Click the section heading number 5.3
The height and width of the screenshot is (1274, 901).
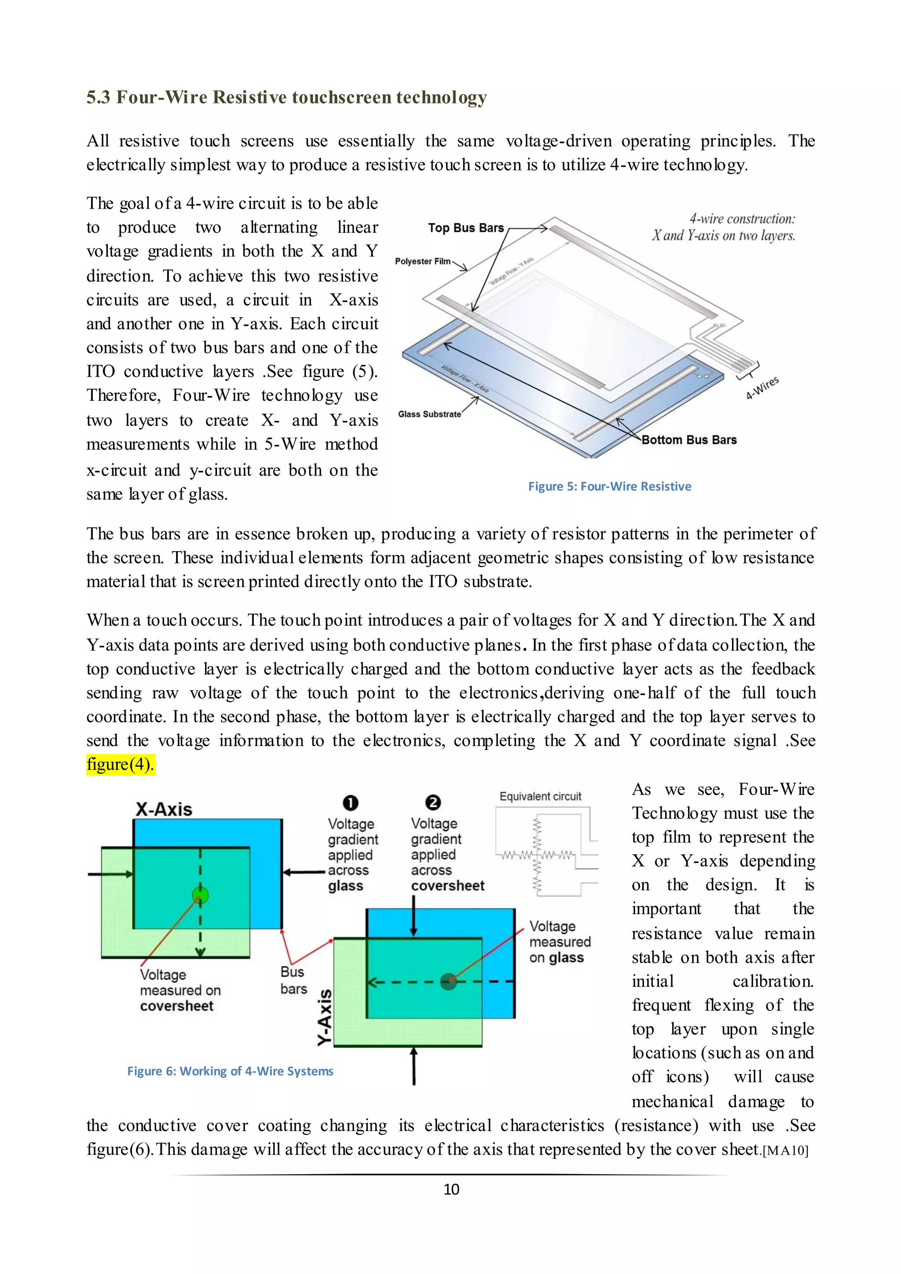coord(98,98)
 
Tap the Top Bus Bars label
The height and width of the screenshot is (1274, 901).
coord(465,228)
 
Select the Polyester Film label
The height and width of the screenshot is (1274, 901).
coord(422,261)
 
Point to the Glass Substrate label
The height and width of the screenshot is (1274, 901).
coord(429,414)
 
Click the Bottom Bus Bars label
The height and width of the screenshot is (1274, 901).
coord(689,440)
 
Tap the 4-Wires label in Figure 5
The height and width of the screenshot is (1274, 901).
coord(762,388)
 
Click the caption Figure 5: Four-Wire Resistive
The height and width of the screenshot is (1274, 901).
coord(609,487)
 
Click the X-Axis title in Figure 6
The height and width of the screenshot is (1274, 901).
coord(164,809)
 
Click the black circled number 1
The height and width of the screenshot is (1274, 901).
coord(351,803)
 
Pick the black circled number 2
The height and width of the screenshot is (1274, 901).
coord(433,803)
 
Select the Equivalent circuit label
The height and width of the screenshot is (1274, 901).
coord(540,796)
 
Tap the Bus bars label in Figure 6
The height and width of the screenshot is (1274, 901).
coord(293,981)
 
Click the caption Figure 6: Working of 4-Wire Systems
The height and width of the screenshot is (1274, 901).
coord(230,1071)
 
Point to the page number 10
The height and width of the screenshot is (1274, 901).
coord(451,1189)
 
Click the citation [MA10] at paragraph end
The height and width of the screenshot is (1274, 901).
coord(786,1150)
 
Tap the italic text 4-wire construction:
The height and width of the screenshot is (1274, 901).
coord(742,219)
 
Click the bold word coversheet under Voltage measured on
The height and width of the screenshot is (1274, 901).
coord(176,1006)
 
